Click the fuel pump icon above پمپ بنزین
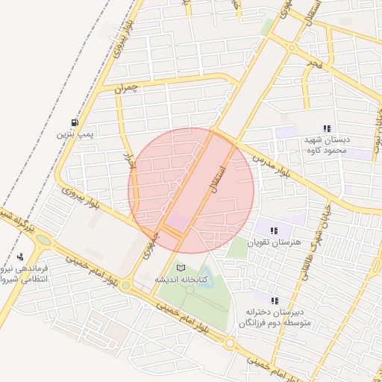tap(74, 123)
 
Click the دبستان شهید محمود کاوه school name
tap(326, 145)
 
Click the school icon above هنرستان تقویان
tap(274, 231)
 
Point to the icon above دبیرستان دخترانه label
tap(275, 300)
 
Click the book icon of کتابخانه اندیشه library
tap(179, 267)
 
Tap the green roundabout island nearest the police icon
tap(43, 240)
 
